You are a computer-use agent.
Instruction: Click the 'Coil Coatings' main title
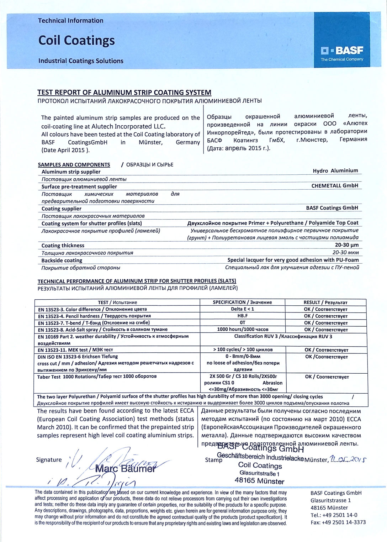(x=76, y=40)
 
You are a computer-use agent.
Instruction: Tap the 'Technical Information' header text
(x=70, y=21)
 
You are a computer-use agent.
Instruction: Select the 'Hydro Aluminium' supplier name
(x=335, y=171)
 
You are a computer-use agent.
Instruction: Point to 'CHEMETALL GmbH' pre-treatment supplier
(x=334, y=186)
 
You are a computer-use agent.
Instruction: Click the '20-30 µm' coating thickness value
(x=346, y=245)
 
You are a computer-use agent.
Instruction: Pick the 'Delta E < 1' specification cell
(x=242, y=309)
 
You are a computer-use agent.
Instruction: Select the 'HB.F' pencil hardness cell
(x=242, y=316)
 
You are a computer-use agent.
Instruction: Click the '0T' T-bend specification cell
(x=242, y=323)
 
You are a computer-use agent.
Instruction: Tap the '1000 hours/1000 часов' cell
(x=243, y=330)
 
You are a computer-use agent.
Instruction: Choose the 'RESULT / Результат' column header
(x=325, y=302)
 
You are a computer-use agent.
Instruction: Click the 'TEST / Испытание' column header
(x=117, y=302)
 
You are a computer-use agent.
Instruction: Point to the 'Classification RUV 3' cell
(x=283, y=336)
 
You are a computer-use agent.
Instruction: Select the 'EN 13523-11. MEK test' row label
(x=75, y=350)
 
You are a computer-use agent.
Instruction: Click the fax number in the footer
(x=338, y=522)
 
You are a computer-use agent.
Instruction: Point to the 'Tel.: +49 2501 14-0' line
(x=334, y=515)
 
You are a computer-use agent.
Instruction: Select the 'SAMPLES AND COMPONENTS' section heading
(x=74, y=165)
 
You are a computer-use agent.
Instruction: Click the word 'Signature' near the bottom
(x=49, y=460)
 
